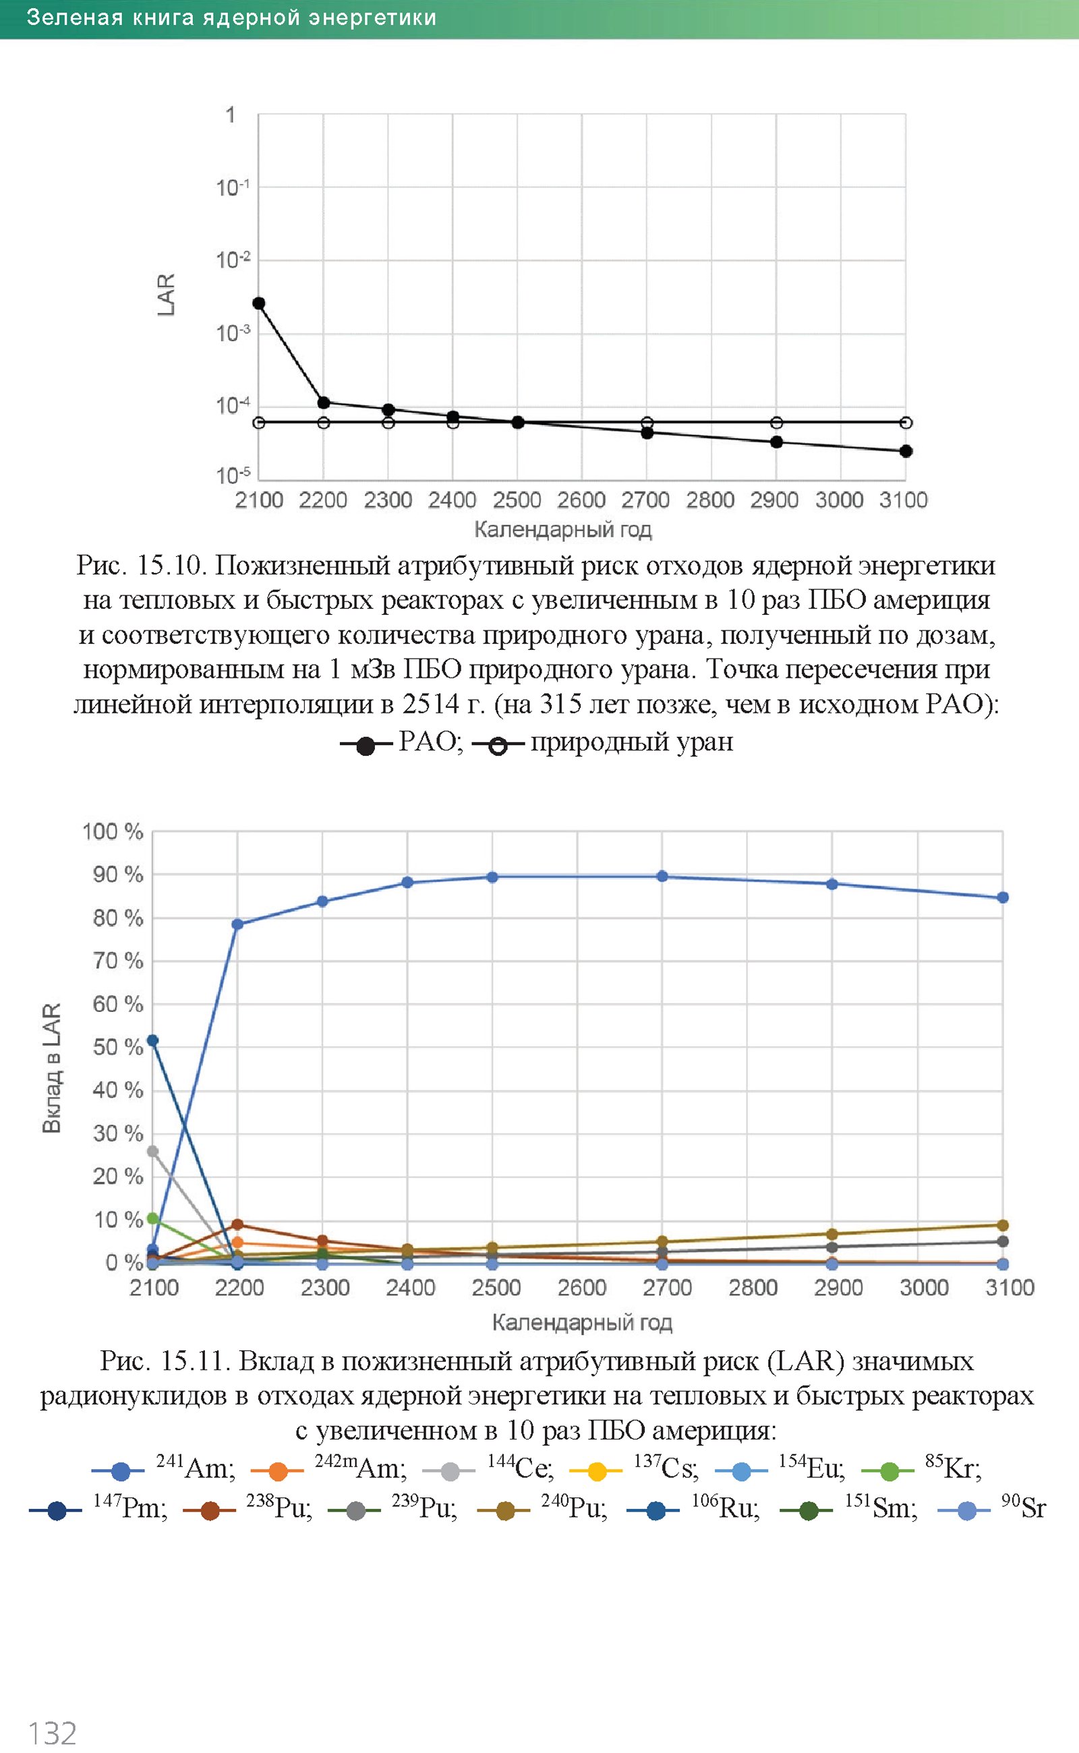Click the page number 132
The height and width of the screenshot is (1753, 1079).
pos(51,1733)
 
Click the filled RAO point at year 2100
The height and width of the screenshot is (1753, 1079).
pos(259,303)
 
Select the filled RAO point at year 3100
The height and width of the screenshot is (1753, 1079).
pos(906,451)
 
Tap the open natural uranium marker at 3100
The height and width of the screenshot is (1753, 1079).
pos(906,422)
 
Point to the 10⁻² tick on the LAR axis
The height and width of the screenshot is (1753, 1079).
pos(233,260)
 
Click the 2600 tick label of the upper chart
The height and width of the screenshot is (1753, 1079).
pos(581,500)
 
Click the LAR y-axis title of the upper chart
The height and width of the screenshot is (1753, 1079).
pos(166,294)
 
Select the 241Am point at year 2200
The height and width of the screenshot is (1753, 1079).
pos(237,924)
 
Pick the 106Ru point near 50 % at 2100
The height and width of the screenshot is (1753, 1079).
pos(152,1040)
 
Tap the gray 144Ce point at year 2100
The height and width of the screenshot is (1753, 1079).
pos(152,1151)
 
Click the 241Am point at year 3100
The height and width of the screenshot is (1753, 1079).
pos(1003,897)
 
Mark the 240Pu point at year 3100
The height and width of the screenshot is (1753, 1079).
pos(1003,1225)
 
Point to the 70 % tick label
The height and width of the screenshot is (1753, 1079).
pos(118,961)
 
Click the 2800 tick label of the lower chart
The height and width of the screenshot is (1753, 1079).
pos(753,1288)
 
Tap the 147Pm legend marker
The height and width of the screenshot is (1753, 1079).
pos(56,1510)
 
